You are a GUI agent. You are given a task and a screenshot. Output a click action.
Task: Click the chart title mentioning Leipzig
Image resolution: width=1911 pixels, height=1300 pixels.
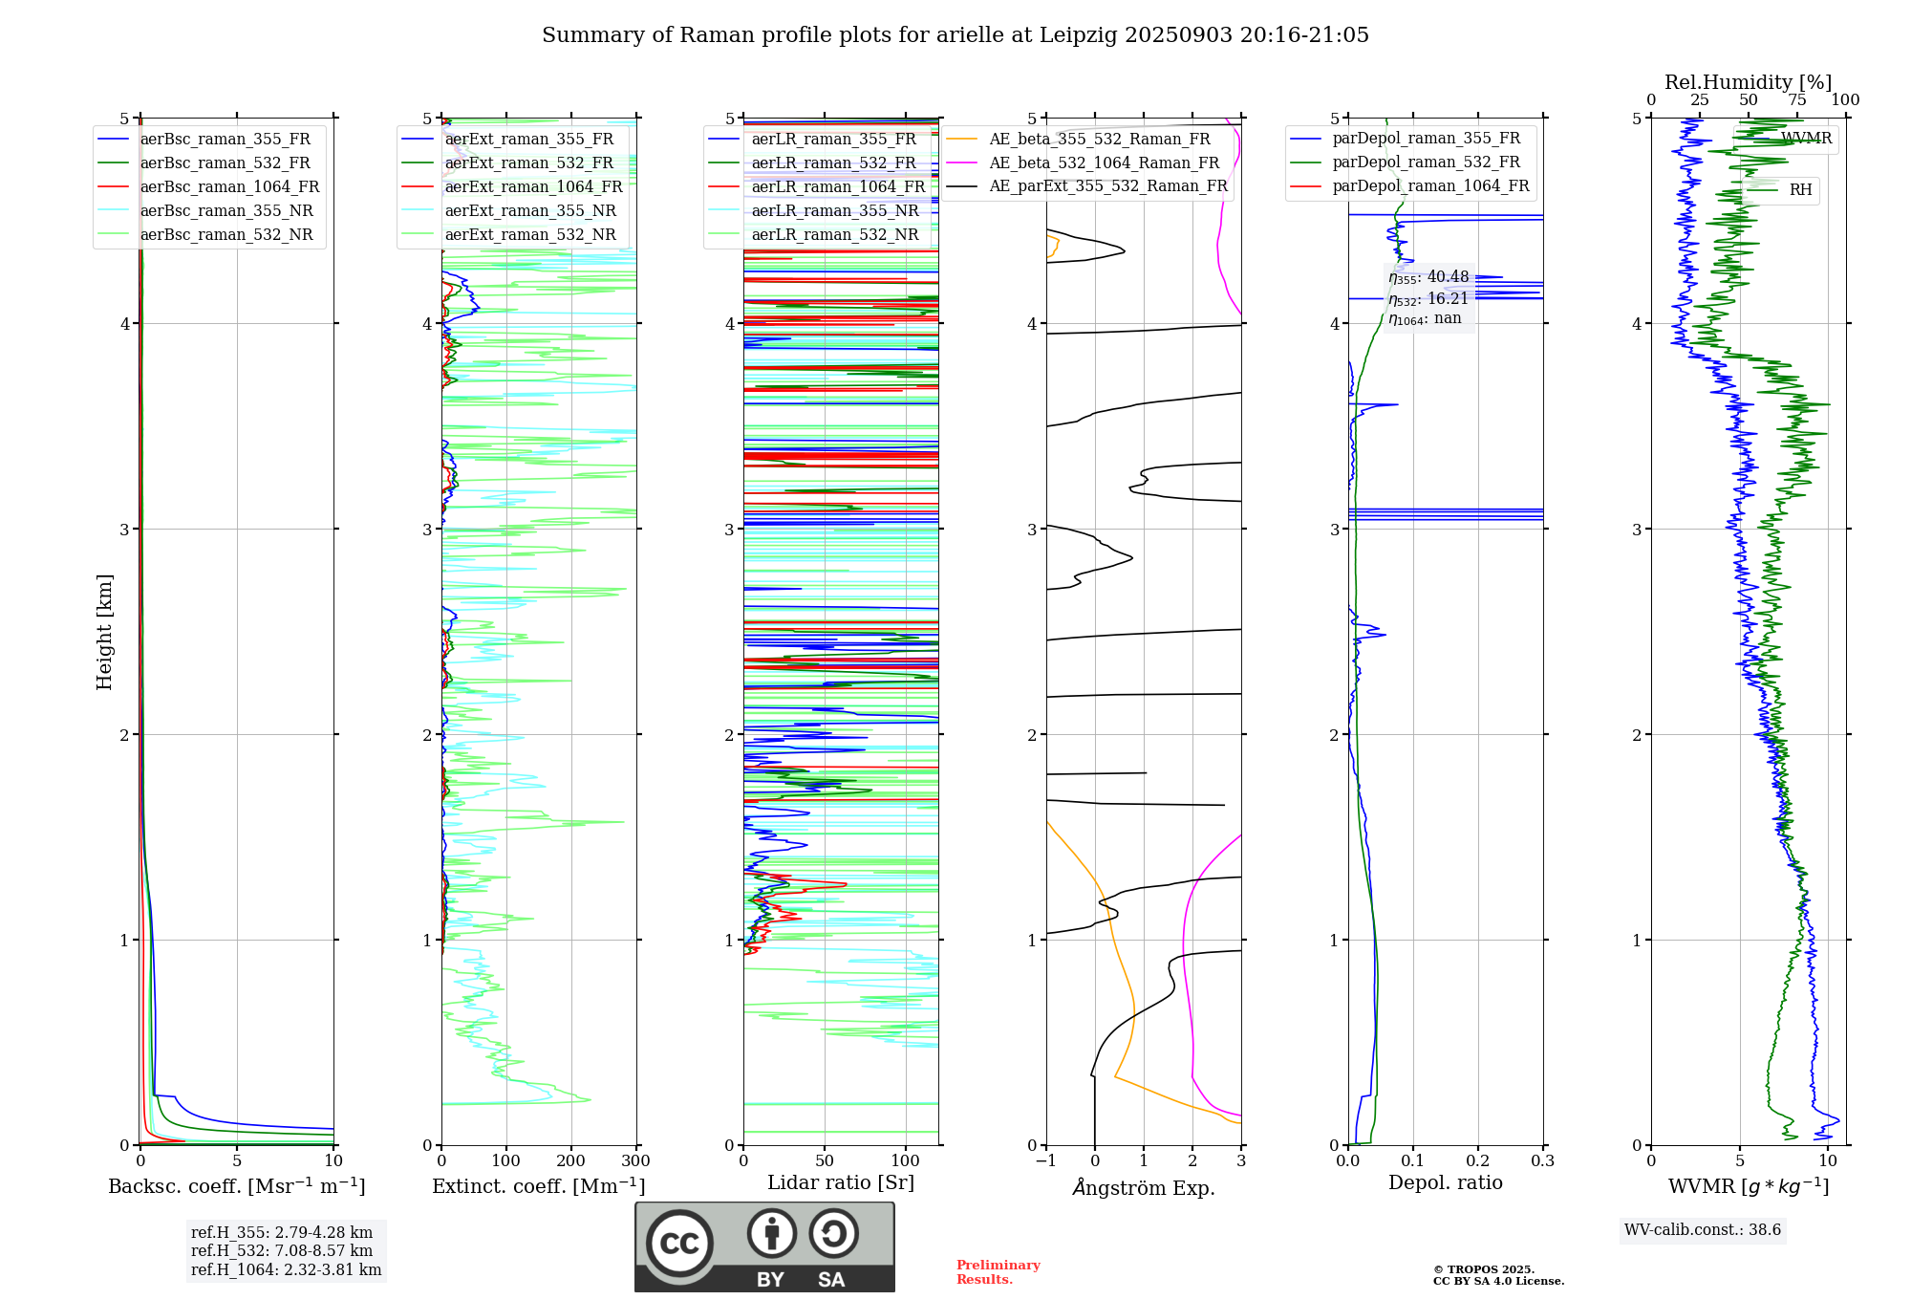pyautogui.click(x=955, y=35)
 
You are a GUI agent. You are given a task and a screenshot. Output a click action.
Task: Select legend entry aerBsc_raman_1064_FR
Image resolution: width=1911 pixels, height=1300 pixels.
pyautogui.click(x=229, y=187)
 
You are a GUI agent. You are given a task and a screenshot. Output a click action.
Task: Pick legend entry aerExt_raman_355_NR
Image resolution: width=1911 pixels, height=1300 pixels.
pyautogui.click(x=530, y=211)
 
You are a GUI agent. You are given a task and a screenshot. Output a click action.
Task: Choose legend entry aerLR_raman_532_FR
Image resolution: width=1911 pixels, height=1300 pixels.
pyautogui.click(x=833, y=163)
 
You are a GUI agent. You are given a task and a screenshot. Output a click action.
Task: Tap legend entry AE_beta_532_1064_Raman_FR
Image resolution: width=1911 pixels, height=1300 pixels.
pyautogui.click(x=1104, y=163)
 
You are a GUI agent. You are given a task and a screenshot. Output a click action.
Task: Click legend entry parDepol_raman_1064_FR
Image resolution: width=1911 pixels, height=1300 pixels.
pyautogui.click(x=1430, y=186)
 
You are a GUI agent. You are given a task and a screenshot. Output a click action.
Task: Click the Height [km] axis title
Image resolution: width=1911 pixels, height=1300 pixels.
pyautogui.click(x=104, y=632)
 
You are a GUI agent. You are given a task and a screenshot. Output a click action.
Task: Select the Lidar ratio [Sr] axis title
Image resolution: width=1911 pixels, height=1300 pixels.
pyautogui.click(x=841, y=1183)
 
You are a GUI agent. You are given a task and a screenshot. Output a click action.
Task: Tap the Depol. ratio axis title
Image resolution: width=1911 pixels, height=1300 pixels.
pyautogui.click(x=1445, y=1183)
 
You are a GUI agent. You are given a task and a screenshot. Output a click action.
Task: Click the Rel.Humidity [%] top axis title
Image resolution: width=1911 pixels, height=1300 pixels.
pyautogui.click(x=1748, y=82)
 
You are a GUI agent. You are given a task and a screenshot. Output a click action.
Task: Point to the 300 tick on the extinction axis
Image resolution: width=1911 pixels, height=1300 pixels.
pyautogui.click(x=635, y=1161)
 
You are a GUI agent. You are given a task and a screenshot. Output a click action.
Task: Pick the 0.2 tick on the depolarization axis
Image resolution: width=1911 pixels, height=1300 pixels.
pyautogui.click(x=1477, y=1161)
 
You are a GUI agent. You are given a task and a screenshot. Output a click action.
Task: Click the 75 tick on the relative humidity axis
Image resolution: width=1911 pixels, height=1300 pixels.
pyautogui.click(x=1797, y=100)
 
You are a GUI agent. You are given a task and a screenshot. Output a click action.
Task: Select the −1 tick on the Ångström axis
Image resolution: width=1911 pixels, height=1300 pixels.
pyautogui.click(x=1046, y=1161)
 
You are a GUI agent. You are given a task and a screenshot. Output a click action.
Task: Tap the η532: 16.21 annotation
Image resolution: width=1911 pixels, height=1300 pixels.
pyautogui.click(x=1428, y=299)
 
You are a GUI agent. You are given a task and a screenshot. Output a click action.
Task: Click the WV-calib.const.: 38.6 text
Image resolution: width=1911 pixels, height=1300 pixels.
pyautogui.click(x=1703, y=1230)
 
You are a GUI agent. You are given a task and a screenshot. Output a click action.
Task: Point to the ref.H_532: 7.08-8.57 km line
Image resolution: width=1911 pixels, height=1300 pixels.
pyautogui.click(x=282, y=1251)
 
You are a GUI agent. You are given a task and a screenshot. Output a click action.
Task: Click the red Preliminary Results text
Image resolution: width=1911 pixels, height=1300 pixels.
pyautogui.click(x=998, y=1272)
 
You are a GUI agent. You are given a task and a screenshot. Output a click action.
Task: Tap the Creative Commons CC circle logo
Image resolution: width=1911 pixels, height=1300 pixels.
pyautogui.click(x=679, y=1244)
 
